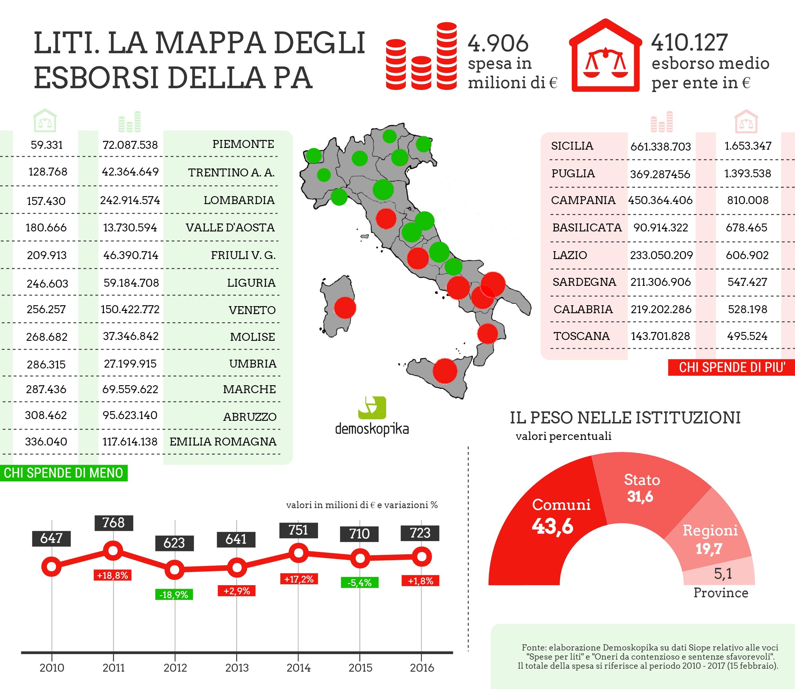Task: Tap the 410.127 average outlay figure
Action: tap(689, 42)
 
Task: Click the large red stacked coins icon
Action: tap(421, 57)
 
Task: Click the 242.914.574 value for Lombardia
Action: tap(130, 200)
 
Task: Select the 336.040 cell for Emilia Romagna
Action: tap(46, 441)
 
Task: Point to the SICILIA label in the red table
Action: tap(572, 146)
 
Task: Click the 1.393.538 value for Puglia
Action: tap(747, 173)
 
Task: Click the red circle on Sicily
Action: tap(445, 371)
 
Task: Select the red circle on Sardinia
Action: tap(345, 308)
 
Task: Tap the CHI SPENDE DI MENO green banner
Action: tap(64, 473)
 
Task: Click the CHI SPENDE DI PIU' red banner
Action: tap(731, 368)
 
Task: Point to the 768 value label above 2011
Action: tap(114, 523)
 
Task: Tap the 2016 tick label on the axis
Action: tap(421, 668)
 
